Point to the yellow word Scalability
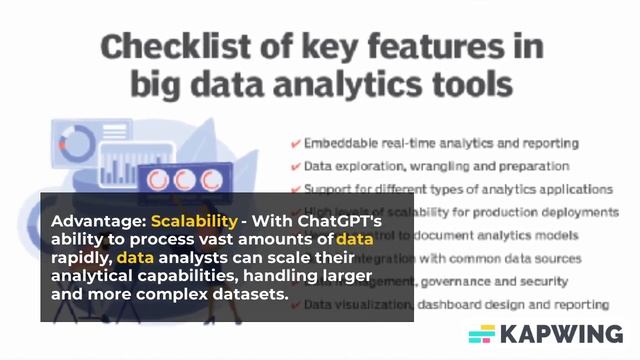[194, 220]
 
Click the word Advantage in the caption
[96, 220]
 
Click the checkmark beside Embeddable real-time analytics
[296, 143]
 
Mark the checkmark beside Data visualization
[296, 304]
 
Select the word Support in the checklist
[326, 189]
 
